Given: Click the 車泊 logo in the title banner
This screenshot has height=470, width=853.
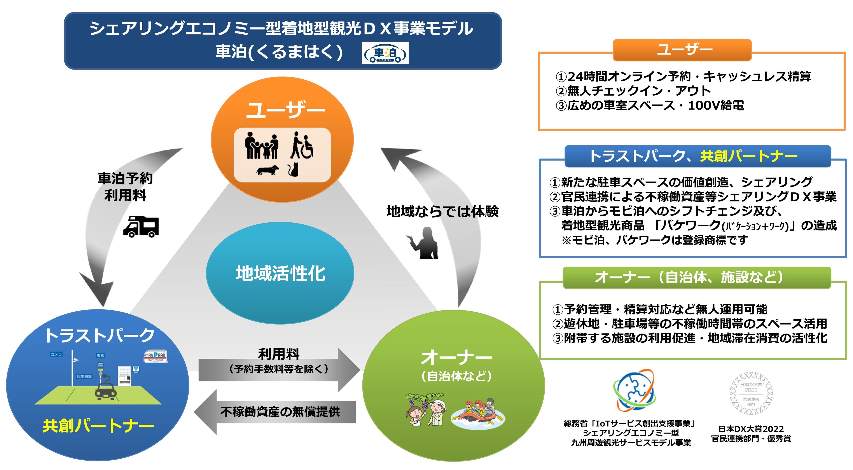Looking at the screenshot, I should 385,53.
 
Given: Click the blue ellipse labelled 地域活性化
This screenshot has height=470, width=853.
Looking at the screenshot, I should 280,273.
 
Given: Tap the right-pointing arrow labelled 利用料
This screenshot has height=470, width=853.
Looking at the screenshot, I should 279,369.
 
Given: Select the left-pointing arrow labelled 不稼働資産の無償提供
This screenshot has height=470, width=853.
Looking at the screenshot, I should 275,412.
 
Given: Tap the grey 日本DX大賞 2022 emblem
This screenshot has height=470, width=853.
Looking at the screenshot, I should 751,393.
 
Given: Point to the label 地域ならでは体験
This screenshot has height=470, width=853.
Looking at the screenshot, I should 442,211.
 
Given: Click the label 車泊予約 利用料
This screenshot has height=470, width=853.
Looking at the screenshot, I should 125,187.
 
